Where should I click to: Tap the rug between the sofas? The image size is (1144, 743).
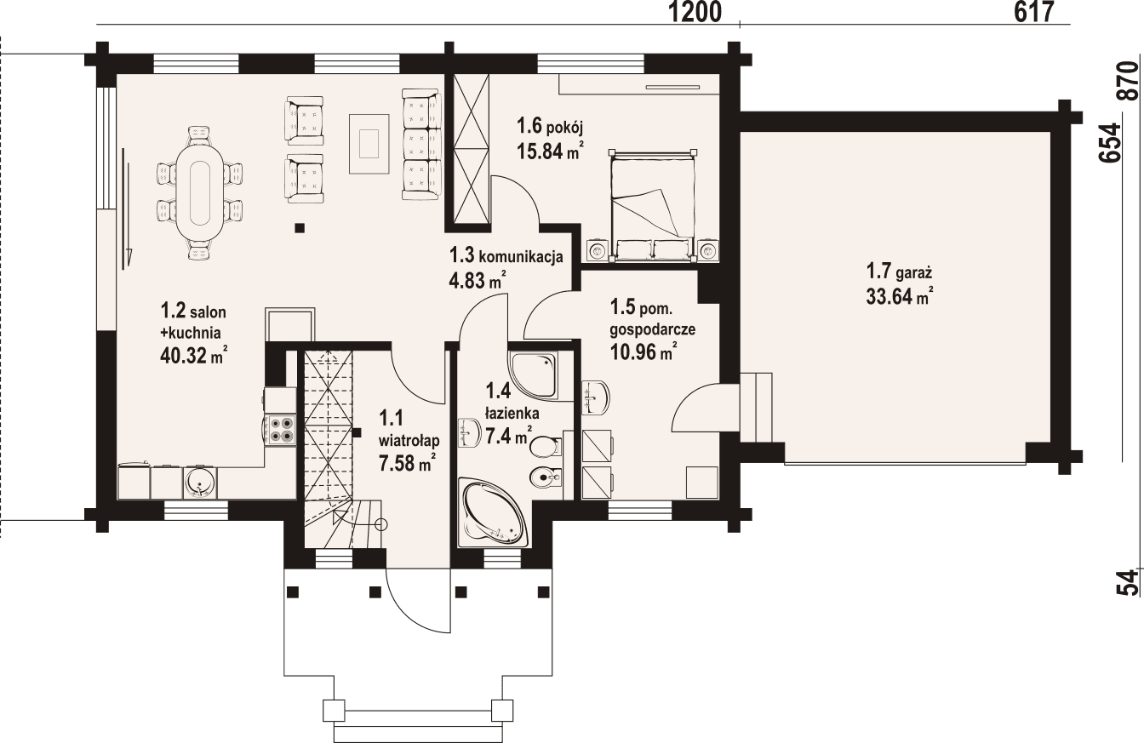369,142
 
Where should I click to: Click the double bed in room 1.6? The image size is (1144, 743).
653,204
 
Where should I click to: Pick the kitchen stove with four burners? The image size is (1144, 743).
280,428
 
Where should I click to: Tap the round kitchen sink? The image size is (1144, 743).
199,482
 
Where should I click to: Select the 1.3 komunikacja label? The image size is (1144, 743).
506,255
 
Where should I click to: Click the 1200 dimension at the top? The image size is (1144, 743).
695,12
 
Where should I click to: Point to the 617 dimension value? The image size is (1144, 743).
1035,12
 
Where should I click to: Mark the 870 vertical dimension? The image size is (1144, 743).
1127,82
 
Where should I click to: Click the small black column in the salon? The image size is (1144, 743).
300,227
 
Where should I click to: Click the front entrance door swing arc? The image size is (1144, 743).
417,604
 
